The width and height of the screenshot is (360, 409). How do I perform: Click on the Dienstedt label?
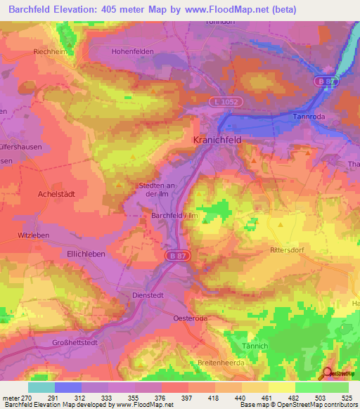(x=148, y=296)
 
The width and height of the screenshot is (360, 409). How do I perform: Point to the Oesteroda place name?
(x=191, y=318)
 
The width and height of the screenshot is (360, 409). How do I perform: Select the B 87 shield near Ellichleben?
(x=175, y=257)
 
